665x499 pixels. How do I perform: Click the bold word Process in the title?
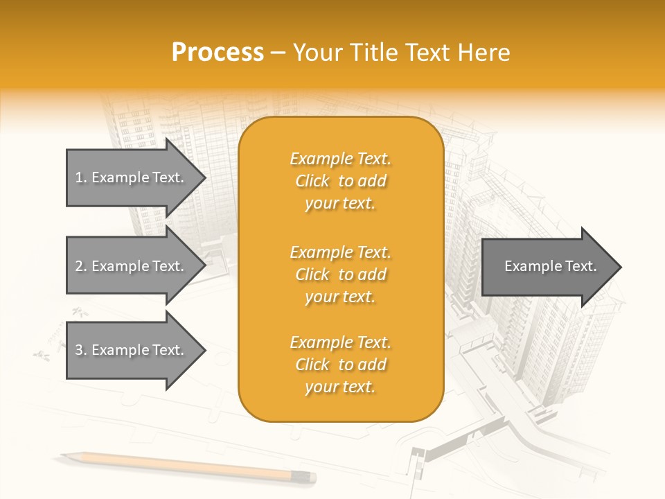(218, 53)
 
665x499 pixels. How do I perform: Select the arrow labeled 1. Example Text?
(132, 177)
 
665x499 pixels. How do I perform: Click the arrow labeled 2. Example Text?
(132, 266)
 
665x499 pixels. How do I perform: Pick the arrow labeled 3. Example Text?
(132, 350)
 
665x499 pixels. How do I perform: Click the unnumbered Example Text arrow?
(547, 267)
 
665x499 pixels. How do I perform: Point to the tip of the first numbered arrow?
(204, 177)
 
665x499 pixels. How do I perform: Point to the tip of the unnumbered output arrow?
(620, 267)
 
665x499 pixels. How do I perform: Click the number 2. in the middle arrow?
(81, 266)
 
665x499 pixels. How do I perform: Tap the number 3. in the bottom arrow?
(81, 350)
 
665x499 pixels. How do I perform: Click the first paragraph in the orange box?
(340, 181)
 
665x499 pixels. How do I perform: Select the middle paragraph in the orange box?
(340, 274)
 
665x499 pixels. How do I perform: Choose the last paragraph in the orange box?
(340, 365)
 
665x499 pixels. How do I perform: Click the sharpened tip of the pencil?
(63, 456)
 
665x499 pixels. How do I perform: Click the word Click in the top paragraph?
(312, 182)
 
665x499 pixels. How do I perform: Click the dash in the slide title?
(278, 53)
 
